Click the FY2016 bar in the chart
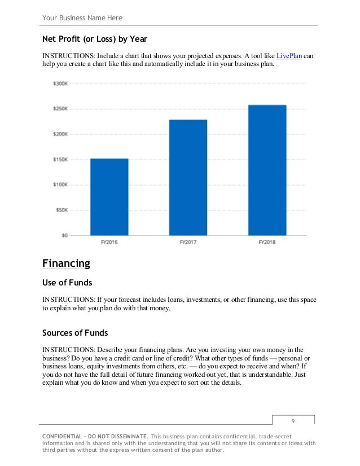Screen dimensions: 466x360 click(x=109, y=197)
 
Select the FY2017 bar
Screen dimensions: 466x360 click(x=188, y=178)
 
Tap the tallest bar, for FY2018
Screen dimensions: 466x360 click(x=267, y=170)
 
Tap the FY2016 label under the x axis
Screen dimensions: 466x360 click(x=109, y=243)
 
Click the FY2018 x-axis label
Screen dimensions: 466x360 click(x=267, y=243)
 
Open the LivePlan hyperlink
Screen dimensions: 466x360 click(x=289, y=56)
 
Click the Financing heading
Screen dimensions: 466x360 click(x=66, y=263)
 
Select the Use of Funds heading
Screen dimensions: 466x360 click(x=67, y=282)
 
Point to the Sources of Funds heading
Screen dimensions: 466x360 click(x=75, y=332)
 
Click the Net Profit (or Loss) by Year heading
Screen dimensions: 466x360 click(x=95, y=40)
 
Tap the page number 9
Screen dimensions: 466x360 click(x=293, y=421)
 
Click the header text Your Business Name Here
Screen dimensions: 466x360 click(x=82, y=18)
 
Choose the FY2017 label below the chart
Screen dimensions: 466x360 click(x=188, y=243)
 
